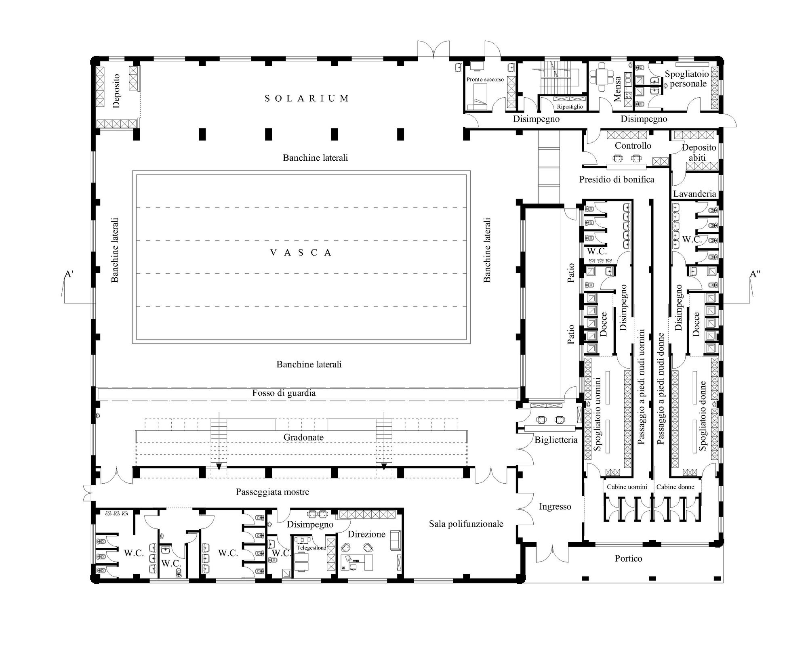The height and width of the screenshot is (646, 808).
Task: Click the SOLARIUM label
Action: (x=307, y=99)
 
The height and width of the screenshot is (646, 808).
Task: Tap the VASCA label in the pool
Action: (x=301, y=253)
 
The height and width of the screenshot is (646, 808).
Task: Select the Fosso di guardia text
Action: (x=284, y=393)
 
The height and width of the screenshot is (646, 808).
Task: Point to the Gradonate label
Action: (x=303, y=437)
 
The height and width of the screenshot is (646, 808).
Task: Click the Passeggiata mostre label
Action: (x=273, y=492)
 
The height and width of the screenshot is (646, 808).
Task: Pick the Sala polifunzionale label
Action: (x=466, y=524)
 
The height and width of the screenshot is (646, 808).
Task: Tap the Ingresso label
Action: (x=555, y=507)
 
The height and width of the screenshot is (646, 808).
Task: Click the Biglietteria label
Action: (x=556, y=440)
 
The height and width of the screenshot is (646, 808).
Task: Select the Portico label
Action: (x=629, y=558)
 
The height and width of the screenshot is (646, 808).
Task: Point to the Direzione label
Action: (x=367, y=534)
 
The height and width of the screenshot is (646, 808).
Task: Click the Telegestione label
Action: (x=311, y=548)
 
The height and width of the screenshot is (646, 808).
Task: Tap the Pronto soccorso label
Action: (x=485, y=80)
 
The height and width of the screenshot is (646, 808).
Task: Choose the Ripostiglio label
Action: (x=570, y=107)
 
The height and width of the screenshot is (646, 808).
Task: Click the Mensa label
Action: (x=617, y=89)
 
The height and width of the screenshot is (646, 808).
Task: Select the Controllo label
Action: (x=633, y=145)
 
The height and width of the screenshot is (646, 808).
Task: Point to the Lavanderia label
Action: (x=694, y=194)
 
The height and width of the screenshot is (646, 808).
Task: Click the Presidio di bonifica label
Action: (x=617, y=179)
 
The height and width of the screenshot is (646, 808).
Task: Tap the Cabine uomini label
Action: (x=627, y=487)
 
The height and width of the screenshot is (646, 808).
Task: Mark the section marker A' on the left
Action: (x=69, y=275)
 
